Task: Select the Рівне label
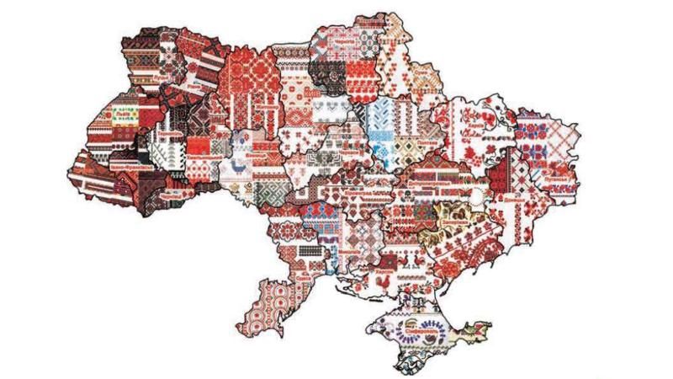pos(195,85)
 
